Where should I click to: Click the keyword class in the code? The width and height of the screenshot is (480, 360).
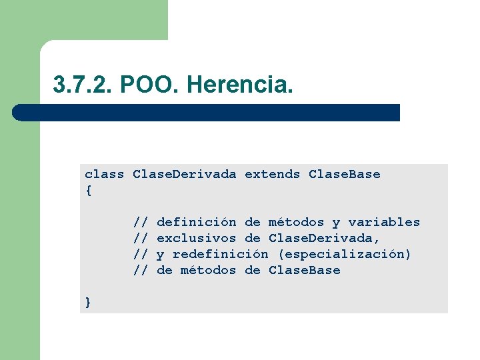point(104,175)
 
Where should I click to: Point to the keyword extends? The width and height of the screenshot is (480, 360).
point(272,175)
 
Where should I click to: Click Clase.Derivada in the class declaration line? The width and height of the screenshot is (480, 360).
point(184,175)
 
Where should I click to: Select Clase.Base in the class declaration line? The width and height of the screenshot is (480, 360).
point(344,175)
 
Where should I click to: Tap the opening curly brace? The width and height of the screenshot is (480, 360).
point(88,191)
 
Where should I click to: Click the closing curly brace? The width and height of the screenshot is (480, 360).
point(88,303)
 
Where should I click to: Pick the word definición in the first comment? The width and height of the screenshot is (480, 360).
point(196,223)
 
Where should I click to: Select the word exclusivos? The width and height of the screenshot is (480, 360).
point(196,239)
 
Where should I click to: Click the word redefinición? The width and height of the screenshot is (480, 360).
point(220,255)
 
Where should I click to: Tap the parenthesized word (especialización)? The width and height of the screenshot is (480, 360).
point(344,255)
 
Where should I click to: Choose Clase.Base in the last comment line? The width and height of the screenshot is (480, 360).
point(304,271)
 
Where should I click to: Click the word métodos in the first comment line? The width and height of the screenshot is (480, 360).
point(296,223)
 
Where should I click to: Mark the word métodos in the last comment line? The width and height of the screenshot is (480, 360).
point(208,271)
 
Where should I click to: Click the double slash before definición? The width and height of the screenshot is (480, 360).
point(140,223)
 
